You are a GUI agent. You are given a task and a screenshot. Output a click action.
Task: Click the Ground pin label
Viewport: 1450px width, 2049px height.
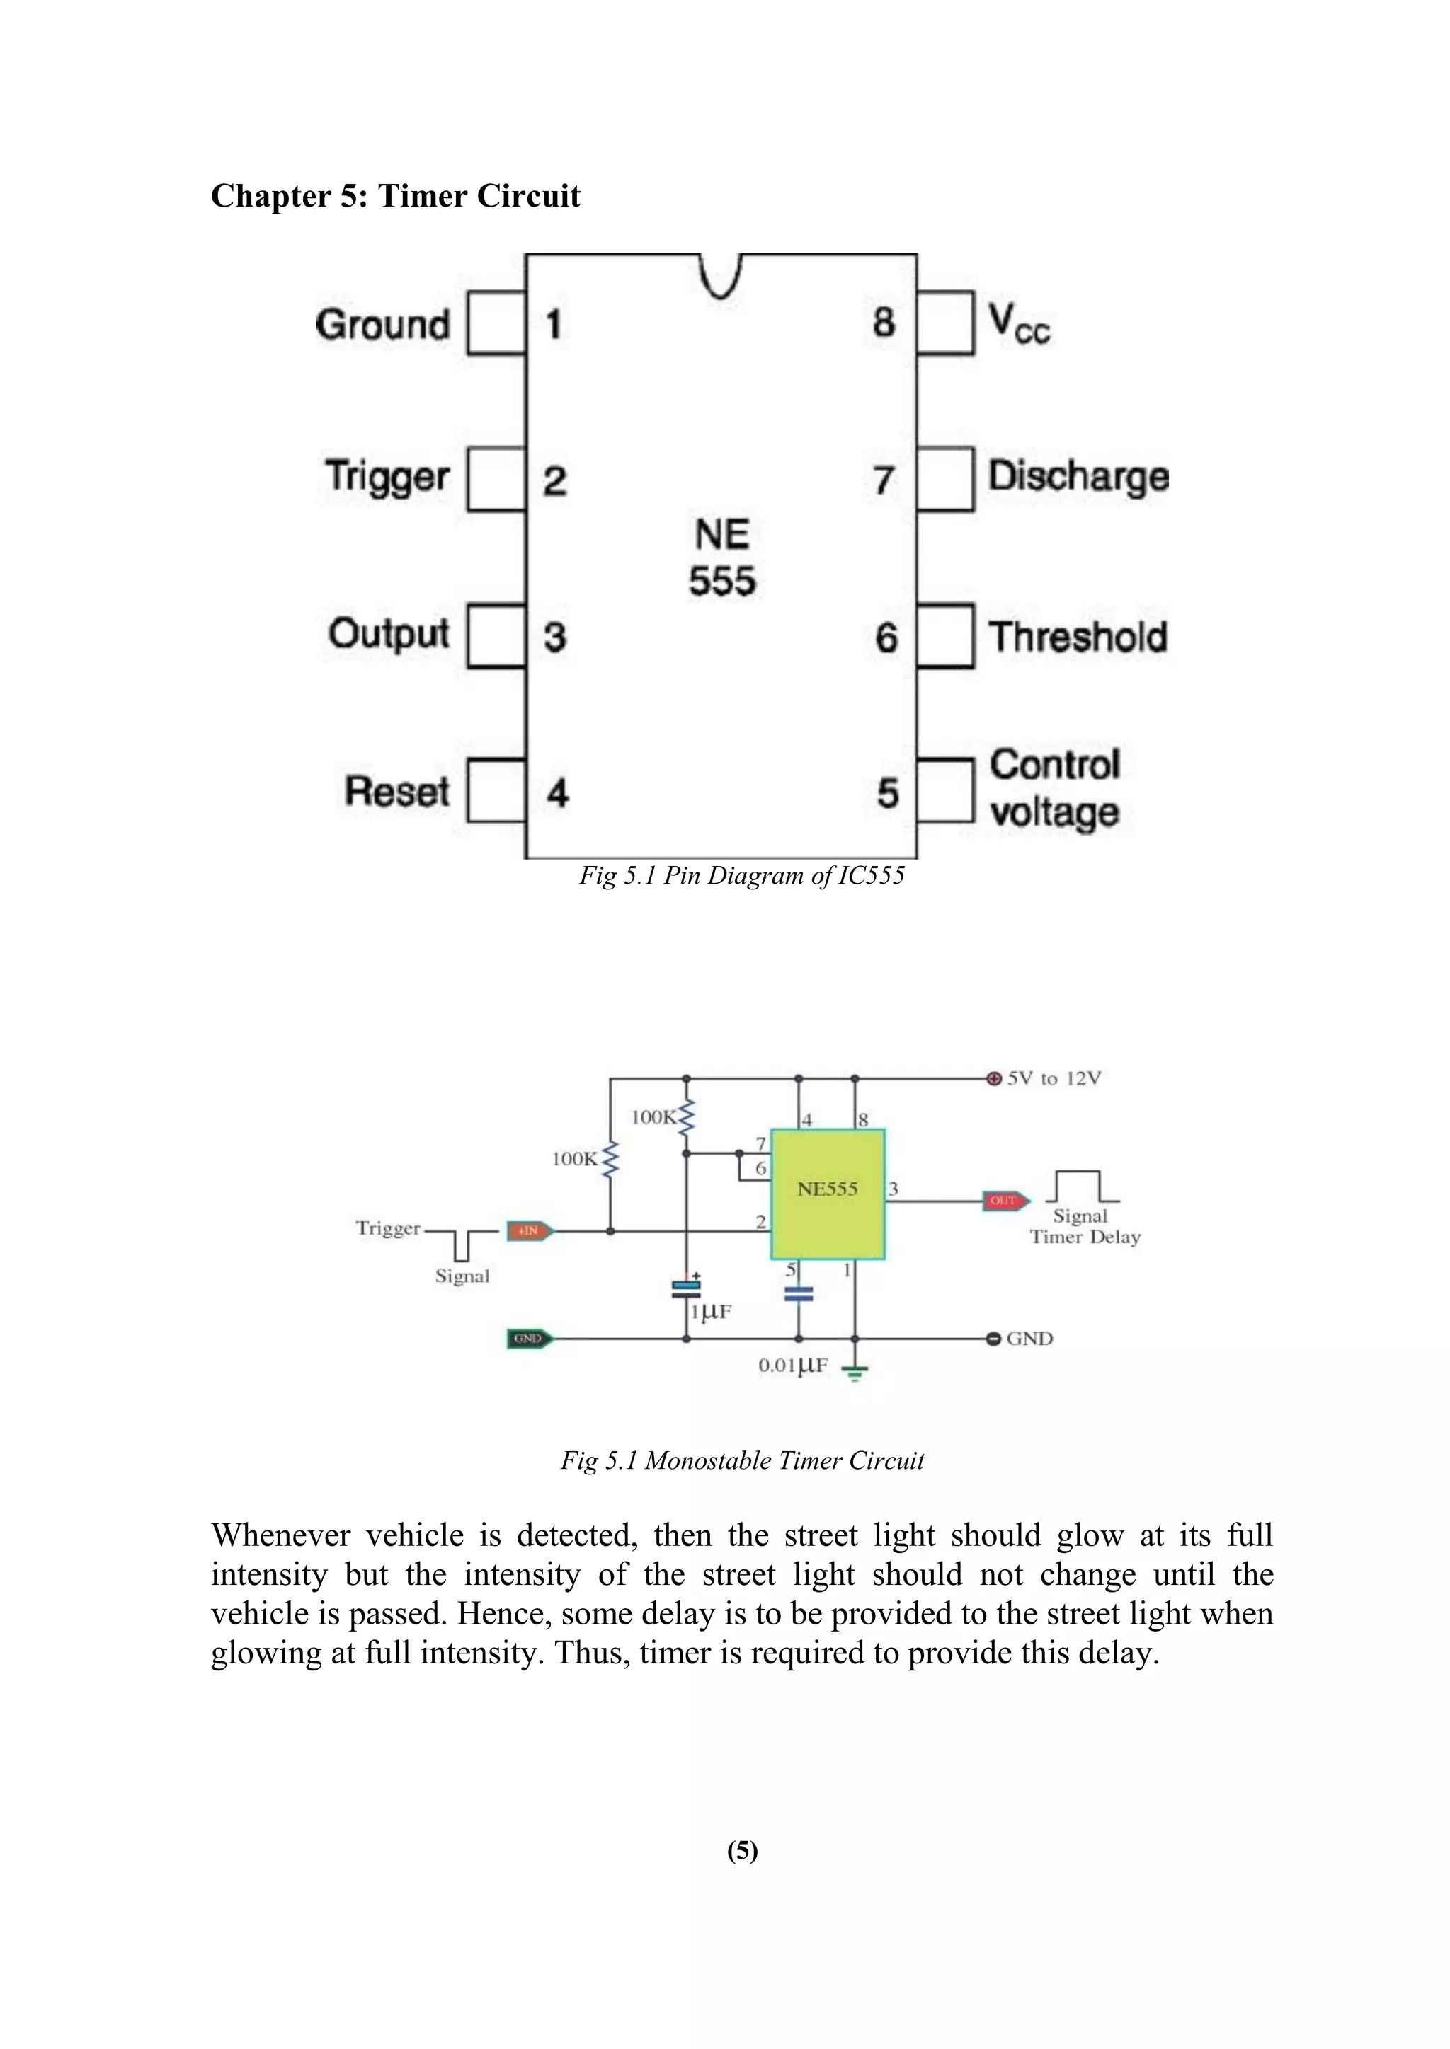(382, 324)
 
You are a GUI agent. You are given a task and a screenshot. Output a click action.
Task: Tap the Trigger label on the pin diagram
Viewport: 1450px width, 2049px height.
(387, 477)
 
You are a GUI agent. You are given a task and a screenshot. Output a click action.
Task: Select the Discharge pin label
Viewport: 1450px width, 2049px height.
(1078, 477)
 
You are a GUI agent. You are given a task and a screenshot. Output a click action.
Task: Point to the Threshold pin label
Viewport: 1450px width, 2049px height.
(1078, 637)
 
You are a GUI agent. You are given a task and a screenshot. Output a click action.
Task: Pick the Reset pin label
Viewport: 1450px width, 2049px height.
(397, 792)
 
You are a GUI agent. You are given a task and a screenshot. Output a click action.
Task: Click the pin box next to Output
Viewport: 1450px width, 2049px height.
(496, 636)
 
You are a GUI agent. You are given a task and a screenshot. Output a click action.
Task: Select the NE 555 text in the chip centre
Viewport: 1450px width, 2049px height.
(722, 558)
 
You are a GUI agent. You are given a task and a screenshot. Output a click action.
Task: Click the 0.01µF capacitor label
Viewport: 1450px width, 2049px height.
(793, 1366)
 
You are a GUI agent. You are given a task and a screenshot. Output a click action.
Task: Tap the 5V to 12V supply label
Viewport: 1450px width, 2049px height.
(1054, 1078)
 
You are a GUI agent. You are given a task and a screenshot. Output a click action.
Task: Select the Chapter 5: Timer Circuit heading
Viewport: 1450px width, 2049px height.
(396, 195)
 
